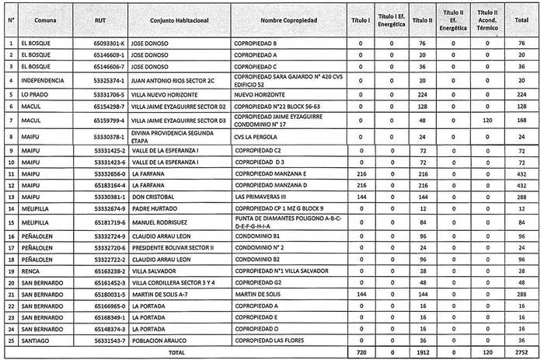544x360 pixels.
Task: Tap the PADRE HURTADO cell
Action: click(x=155, y=208)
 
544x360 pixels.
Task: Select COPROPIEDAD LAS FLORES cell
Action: click(x=271, y=340)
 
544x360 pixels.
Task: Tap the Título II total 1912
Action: click(x=420, y=352)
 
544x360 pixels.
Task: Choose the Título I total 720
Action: click(x=361, y=352)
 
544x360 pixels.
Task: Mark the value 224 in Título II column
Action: click(x=420, y=93)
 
